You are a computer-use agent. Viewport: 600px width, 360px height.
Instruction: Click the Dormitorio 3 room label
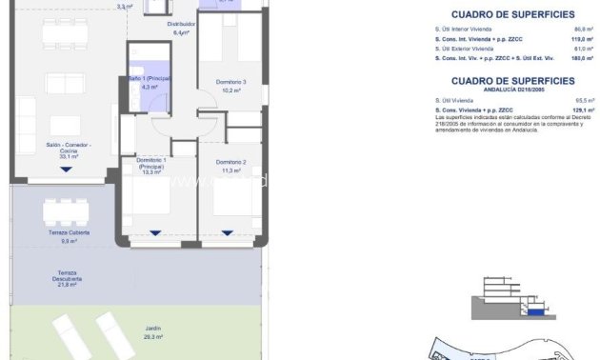(231, 82)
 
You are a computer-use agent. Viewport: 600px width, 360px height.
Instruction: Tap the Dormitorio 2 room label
(231, 162)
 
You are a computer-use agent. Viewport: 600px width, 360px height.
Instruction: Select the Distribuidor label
(182, 24)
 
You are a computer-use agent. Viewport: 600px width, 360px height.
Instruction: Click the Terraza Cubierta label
(70, 232)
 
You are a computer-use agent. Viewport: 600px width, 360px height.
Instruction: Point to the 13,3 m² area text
(152, 172)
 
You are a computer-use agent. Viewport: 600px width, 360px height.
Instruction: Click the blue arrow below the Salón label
(66, 170)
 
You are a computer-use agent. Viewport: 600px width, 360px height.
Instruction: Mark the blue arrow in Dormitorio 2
(227, 231)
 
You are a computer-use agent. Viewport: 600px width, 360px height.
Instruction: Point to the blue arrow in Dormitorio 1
(153, 231)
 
